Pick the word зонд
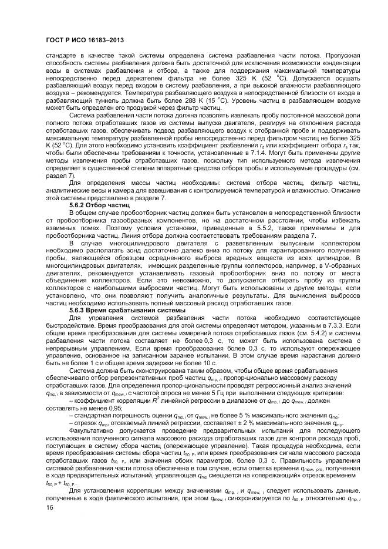[140, 250]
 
